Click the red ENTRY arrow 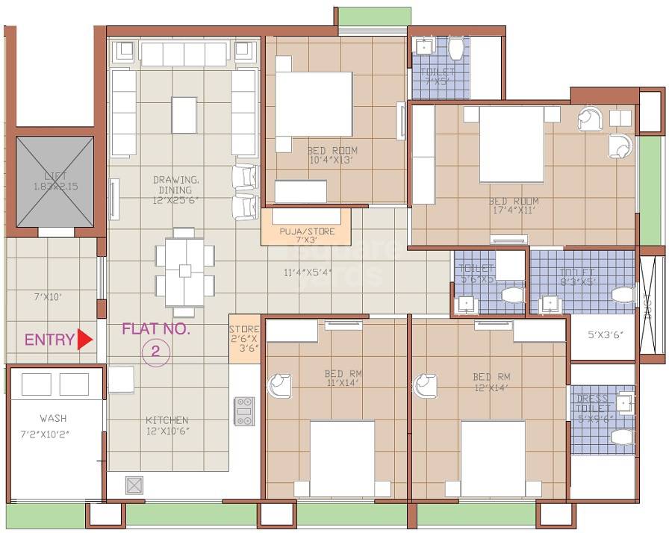pos(84,340)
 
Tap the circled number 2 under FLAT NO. pos(155,352)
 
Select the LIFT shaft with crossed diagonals pos(55,181)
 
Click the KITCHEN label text pos(167,420)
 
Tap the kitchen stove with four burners pos(244,411)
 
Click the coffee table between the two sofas pos(184,115)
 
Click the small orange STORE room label pos(243,338)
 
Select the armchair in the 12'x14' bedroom pos(426,385)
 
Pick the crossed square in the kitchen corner pos(134,485)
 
